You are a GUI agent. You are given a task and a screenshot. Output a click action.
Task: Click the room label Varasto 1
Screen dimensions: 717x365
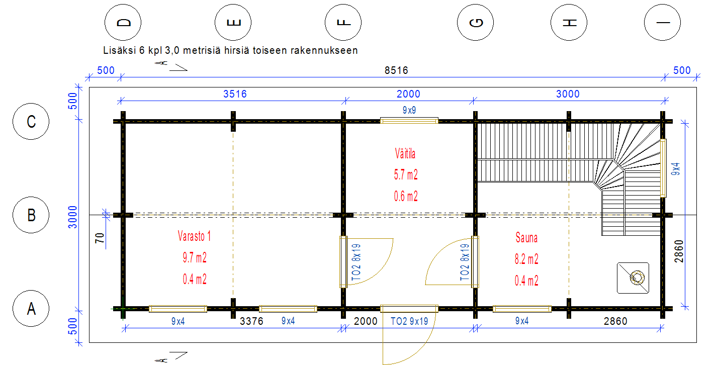pyautogui.click(x=194, y=236)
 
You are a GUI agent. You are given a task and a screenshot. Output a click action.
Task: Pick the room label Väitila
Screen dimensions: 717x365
pyautogui.click(x=405, y=154)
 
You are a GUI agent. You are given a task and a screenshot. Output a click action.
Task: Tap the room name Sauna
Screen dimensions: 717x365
pyautogui.click(x=526, y=238)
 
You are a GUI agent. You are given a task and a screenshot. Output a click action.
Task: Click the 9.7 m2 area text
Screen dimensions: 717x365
pyautogui.click(x=195, y=257)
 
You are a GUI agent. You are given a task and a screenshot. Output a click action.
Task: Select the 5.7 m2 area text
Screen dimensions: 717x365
pyautogui.click(x=406, y=175)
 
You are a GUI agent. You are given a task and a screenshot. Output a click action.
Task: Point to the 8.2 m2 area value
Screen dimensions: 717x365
pyautogui.click(x=526, y=259)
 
